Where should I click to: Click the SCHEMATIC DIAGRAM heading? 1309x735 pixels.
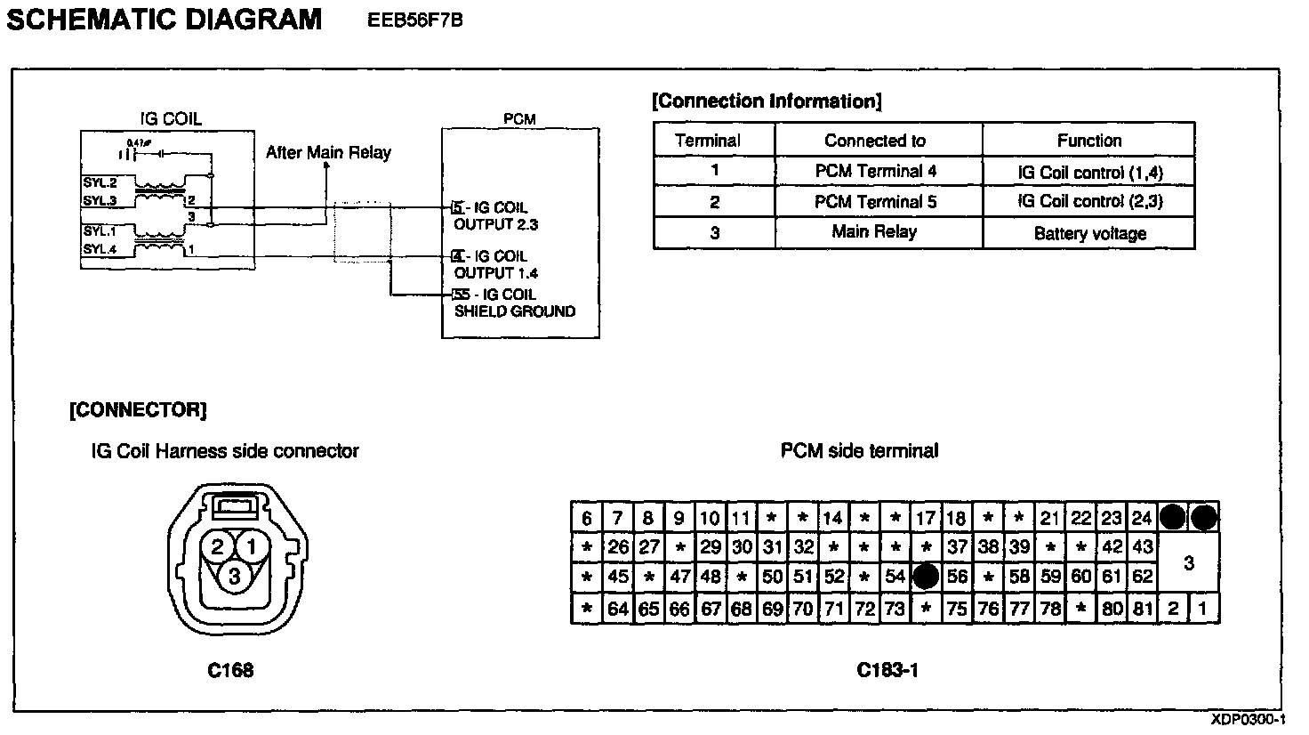click(165, 19)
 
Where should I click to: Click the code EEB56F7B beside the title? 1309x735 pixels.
click(414, 20)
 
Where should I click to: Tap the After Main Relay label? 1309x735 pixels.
click(328, 152)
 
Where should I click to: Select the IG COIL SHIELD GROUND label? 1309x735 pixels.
click(514, 303)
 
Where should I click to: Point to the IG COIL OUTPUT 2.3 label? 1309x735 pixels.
click(495, 216)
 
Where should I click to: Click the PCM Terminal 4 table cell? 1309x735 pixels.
click(876, 171)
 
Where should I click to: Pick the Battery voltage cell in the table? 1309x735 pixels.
click(1089, 233)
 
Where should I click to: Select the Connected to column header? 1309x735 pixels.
click(875, 140)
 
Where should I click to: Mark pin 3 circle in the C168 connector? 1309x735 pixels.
click(234, 577)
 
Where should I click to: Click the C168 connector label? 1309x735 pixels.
click(230, 670)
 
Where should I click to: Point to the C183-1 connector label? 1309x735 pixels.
click(887, 670)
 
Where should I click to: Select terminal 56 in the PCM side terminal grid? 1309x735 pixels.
click(957, 577)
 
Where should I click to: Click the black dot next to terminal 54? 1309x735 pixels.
click(926, 577)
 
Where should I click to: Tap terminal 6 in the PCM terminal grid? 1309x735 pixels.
click(587, 518)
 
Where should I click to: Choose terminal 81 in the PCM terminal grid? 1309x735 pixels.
click(1143, 610)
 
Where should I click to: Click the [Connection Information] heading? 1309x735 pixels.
click(767, 101)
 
